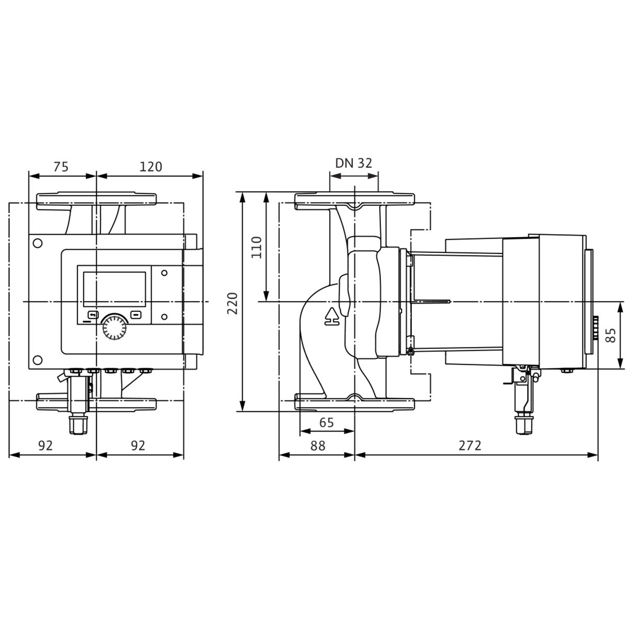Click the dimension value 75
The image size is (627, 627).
(x=61, y=167)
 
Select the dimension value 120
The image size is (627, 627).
(x=150, y=167)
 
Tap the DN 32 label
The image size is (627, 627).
(x=353, y=163)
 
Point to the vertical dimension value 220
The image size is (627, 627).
(x=233, y=303)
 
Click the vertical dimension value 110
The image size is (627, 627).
(x=257, y=248)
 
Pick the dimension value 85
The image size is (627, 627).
(x=612, y=335)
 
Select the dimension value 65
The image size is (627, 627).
(x=327, y=422)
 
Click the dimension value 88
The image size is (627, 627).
(x=318, y=446)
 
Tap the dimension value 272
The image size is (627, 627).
(x=470, y=446)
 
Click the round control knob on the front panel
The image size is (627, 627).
(x=114, y=327)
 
